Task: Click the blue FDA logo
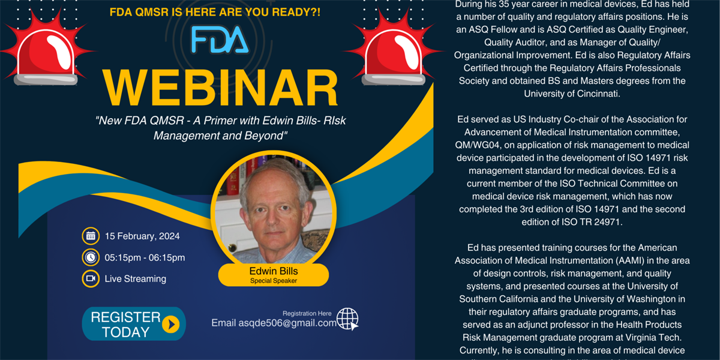219,40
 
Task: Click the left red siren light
46,50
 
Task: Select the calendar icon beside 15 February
91,236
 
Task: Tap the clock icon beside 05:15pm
91,257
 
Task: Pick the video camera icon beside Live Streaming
91,278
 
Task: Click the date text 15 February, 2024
142,236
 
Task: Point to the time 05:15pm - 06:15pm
145,257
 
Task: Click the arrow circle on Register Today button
171,325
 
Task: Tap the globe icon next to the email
347,319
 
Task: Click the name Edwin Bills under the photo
273,271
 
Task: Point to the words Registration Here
307,313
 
